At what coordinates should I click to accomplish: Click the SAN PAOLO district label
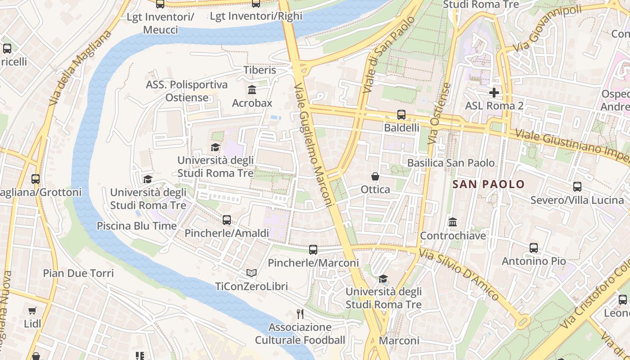(x=488, y=184)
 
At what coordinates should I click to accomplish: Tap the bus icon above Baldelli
(x=401, y=115)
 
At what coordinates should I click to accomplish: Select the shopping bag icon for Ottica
(x=375, y=176)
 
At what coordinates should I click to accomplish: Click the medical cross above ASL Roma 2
(x=494, y=93)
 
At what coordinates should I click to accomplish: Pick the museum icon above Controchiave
(x=453, y=222)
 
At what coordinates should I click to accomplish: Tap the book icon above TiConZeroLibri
(x=251, y=273)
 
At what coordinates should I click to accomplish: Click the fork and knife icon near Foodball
(x=300, y=314)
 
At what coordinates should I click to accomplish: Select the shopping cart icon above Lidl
(x=32, y=311)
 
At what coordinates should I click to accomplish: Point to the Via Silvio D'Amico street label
(x=459, y=274)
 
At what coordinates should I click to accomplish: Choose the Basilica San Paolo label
(x=451, y=163)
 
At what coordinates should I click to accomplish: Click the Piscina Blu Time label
(x=137, y=226)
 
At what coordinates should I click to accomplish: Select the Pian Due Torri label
(x=78, y=273)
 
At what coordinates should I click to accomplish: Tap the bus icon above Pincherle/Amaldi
(x=227, y=220)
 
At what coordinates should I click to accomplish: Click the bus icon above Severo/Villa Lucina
(x=577, y=187)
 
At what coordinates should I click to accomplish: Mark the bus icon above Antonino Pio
(x=534, y=248)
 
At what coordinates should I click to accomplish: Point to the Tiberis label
(x=260, y=70)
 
